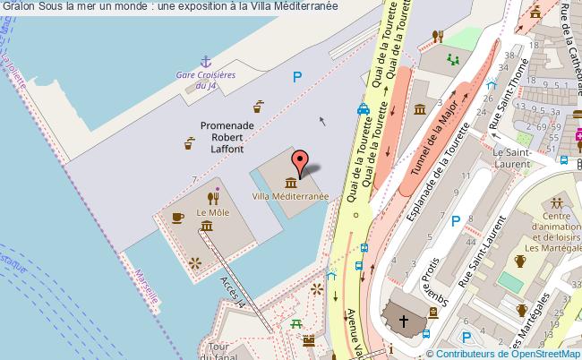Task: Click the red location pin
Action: (x=301, y=160)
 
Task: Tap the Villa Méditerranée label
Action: (x=290, y=195)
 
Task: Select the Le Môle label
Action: (x=213, y=212)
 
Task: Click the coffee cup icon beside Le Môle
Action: (x=177, y=217)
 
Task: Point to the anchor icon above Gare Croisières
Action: (x=205, y=61)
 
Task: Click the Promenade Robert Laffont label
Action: (x=227, y=139)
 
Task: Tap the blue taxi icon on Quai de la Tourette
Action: (x=364, y=110)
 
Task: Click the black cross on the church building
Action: (x=404, y=321)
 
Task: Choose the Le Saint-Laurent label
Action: (x=513, y=158)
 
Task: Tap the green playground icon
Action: (x=453, y=59)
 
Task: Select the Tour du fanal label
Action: (x=219, y=351)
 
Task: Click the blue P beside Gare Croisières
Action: (x=296, y=78)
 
